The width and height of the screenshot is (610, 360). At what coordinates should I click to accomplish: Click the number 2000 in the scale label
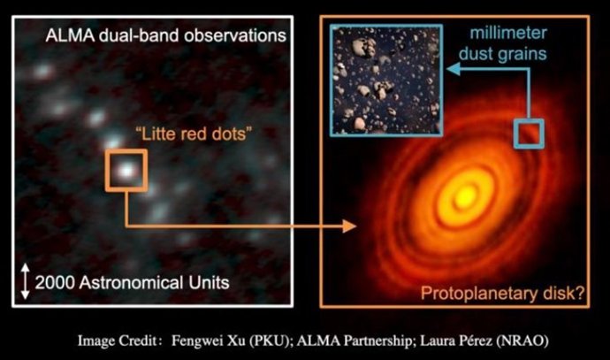pyautogui.click(x=55, y=281)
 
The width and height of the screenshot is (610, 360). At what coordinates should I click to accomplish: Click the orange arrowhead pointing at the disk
pyautogui.click(x=352, y=227)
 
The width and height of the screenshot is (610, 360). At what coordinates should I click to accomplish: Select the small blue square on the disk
pyautogui.click(x=530, y=133)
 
